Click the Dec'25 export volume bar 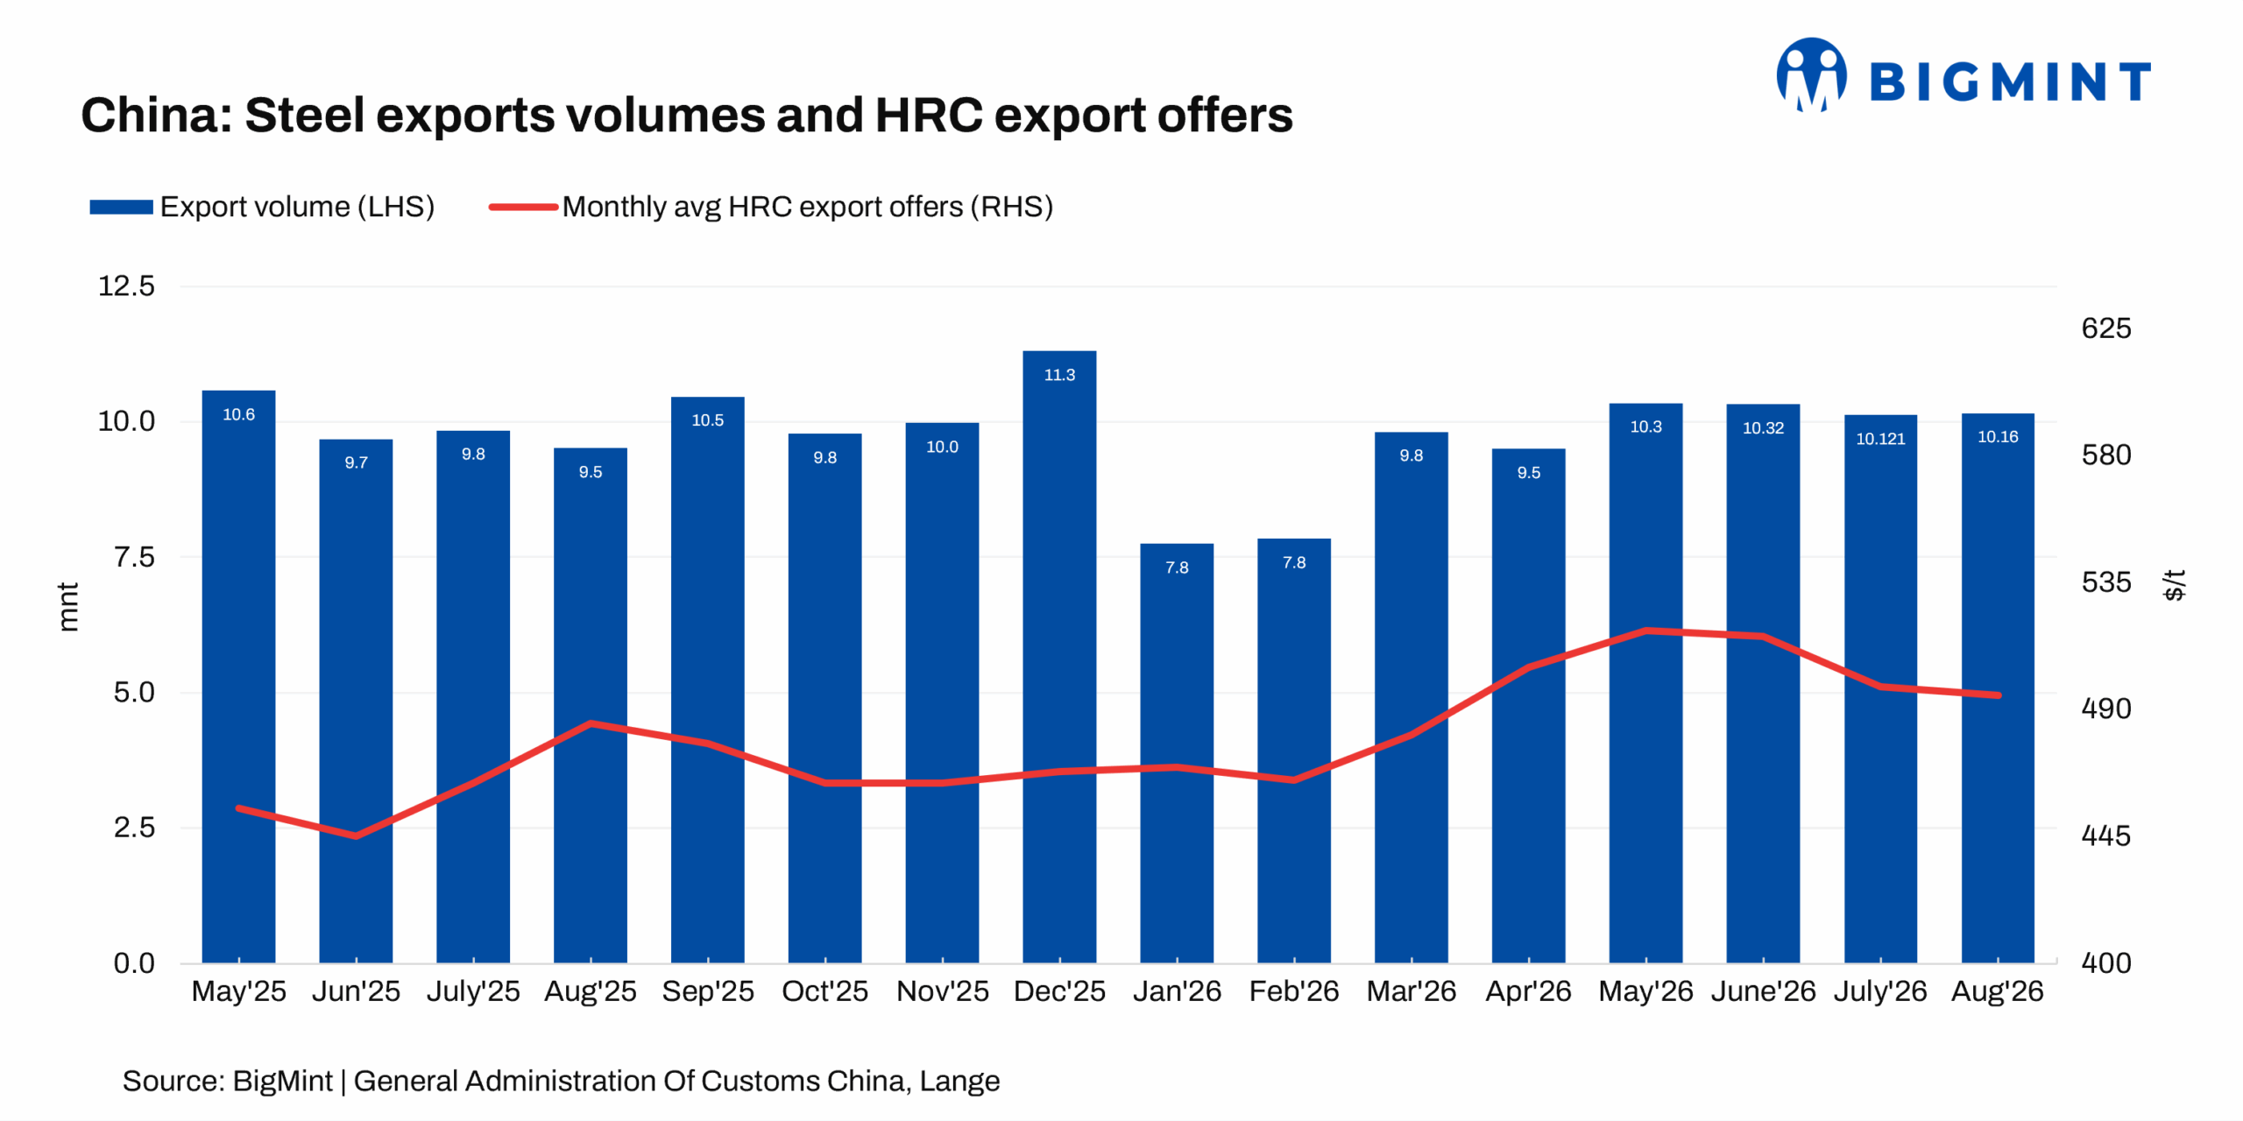[1059, 657]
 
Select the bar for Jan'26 [1177, 753]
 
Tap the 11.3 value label [1059, 375]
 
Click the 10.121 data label [1880, 439]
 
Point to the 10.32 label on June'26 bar [1763, 428]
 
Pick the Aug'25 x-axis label [591, 991]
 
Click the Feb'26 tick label [1294, 991]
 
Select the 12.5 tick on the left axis [126, 286]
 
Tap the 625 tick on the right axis [2106, 328]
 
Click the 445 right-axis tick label [2106, 835]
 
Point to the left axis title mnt [67, 606]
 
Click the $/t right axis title [2175, 585]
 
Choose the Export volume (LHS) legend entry [262, 207]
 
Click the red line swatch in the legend [523, 208]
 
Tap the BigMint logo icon [1811, 75]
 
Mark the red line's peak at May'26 [1646, 630]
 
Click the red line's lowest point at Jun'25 [356, 836]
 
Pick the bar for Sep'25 [708, 680]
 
